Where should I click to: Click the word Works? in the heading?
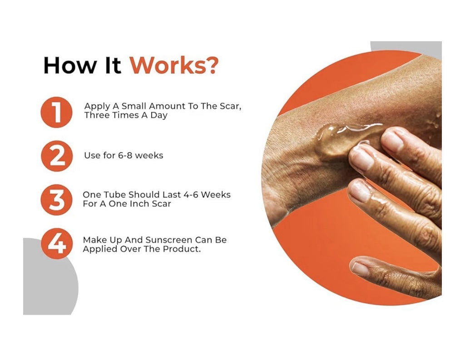click(174, 65)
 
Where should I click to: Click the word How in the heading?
click(70, 65)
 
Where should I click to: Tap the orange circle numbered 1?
click(56, 112)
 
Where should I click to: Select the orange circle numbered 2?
click(57, 156)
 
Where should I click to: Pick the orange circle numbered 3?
click(56, 200)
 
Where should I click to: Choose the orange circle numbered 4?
click(57, 243)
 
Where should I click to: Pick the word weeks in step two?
click(149, 155)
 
